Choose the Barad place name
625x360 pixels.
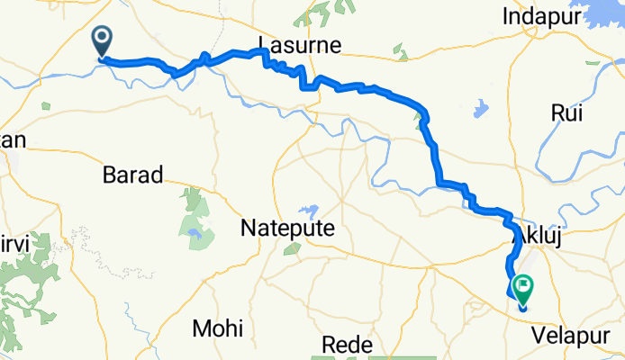[x=132, y=174]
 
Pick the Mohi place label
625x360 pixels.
[x=217, y=328]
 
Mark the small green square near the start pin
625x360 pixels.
[x=44, y=104]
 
